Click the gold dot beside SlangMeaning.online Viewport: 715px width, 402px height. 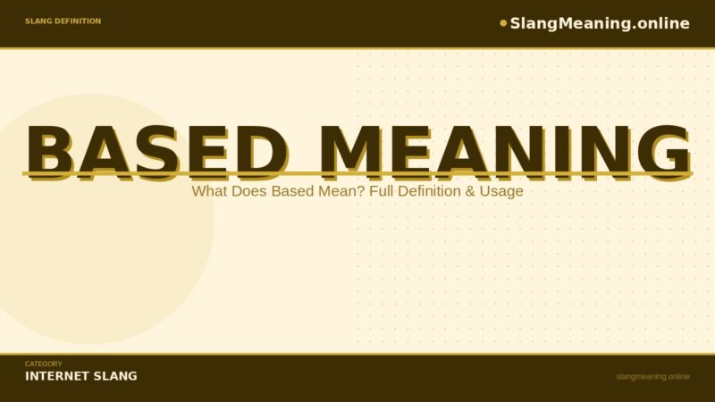(x=503, y=23)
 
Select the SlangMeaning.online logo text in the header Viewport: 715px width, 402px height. (x=600, y=23)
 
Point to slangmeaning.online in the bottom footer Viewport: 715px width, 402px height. (x=652, y=376)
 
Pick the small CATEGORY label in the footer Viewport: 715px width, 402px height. (x=43, y=364)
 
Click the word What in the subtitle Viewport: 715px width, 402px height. (x=209, y=191)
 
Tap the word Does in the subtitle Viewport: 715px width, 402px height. (x=249, y=191)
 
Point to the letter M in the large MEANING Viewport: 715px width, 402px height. (x=349, y=149)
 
